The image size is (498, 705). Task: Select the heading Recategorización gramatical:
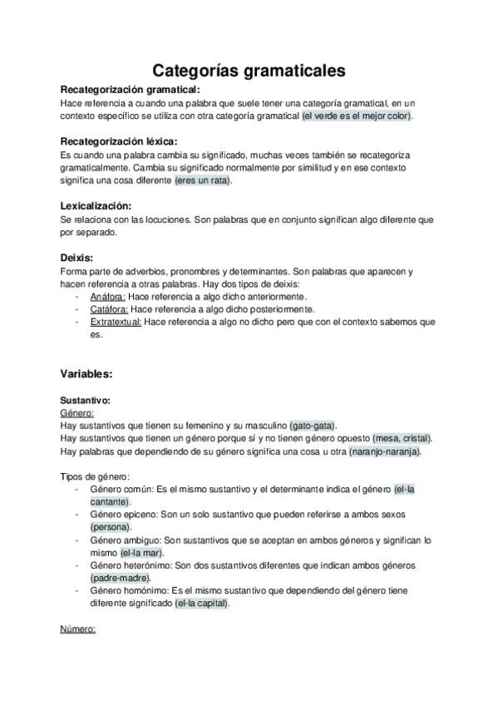[131, 90]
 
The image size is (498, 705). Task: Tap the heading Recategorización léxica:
[119, 141]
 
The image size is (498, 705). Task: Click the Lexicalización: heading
[96, 205]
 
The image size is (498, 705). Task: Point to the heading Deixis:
[76, 258]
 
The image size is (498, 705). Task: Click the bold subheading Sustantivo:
[86, 400]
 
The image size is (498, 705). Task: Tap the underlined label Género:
[77, 412]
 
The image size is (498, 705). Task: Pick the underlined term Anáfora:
[108, 296]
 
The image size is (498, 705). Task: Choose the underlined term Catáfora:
[109, 309]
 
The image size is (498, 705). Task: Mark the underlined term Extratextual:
[116, 322]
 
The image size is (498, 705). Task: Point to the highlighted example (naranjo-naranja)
[384, 451]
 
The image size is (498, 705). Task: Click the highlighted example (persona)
[111, 527]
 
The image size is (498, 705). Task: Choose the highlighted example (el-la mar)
[141, 553]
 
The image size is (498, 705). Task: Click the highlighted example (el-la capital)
[201, 604]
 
